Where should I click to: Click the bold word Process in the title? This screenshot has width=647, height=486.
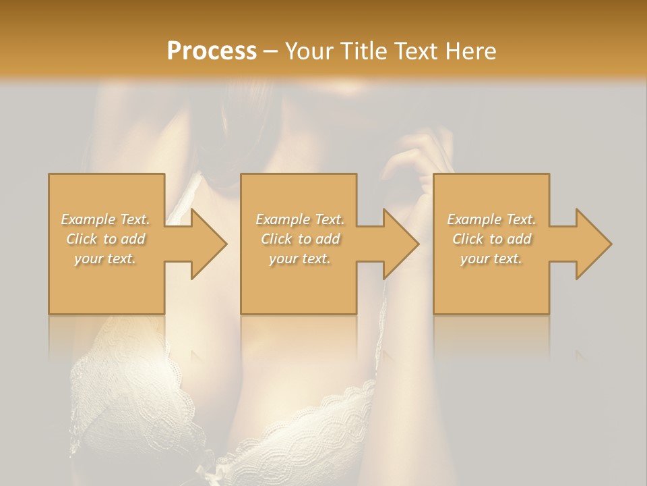212,51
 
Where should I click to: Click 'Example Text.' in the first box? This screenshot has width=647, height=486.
105,219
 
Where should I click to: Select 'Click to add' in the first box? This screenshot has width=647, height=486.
105,239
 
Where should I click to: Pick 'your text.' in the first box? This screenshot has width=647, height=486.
105,259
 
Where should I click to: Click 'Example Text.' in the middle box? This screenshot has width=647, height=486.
299,219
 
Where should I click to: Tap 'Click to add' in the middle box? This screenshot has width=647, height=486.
299,239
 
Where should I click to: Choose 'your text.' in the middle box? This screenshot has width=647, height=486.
299,259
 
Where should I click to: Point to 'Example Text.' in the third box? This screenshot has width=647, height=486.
491,219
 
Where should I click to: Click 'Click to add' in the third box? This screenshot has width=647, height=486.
491,239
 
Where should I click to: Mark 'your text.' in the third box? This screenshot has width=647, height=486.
491,259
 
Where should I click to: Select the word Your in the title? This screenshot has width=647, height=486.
307,51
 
